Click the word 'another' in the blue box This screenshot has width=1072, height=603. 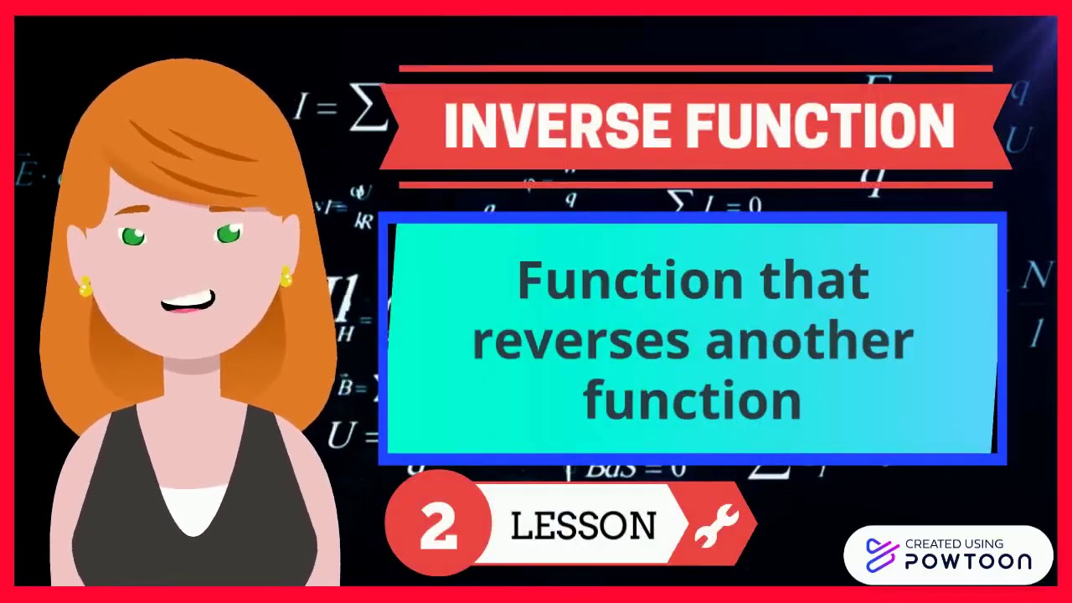809,341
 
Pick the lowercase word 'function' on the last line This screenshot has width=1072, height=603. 693,400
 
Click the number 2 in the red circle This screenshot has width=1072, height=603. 438,525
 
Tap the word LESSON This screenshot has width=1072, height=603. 584,527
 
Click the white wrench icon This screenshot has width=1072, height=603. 718,526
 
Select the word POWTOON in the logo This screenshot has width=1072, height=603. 968,561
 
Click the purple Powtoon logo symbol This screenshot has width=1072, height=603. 882,554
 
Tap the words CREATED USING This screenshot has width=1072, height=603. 954,544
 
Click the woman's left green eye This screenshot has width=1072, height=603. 133,237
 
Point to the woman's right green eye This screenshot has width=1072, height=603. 229,234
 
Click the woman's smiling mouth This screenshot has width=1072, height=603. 188,301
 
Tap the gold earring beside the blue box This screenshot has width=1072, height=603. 286,277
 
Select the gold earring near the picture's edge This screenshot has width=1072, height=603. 85,288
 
